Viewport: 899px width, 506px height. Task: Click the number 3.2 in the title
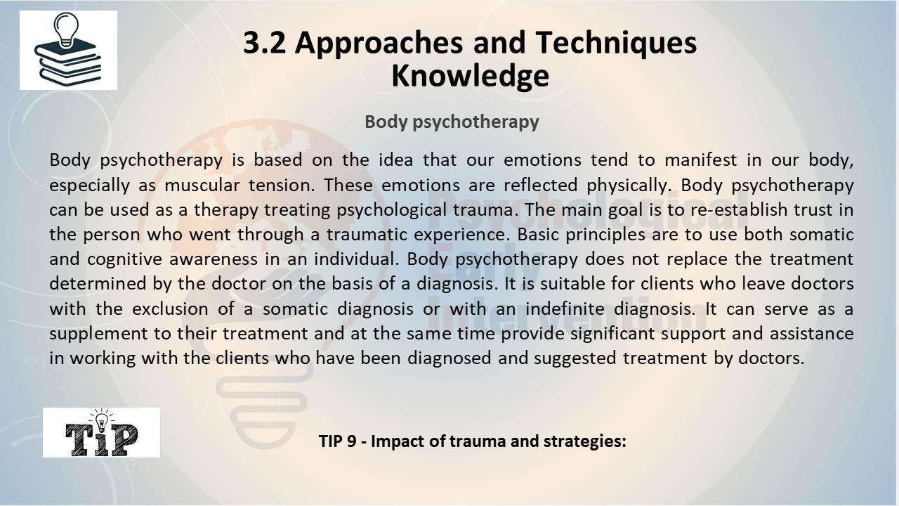pyautogui.click(x=265, y=43)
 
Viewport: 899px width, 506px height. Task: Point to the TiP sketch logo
pyautogui.click(x=102, y=432)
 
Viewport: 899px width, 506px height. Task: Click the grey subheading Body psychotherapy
pyautogui.click(x=452, y=122)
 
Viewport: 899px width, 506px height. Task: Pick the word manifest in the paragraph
pyautogui.click(x=701, y=160)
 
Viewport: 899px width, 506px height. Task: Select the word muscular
pyautogui.click(x=202, y=185)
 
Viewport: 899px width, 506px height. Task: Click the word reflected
pyautogui.click(x=540, y=185)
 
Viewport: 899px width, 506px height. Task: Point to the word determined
pyautogui.click(x=97, y=283)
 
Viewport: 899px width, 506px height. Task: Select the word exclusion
pyautogui.click(x=170, y=309)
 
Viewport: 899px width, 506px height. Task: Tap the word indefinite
pyautogui.click(x=565, y=309)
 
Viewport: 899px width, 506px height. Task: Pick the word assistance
pyautogui.click(x=811, y=333)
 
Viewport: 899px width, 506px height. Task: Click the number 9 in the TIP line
pyautogui.click(x=351, y=441)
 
